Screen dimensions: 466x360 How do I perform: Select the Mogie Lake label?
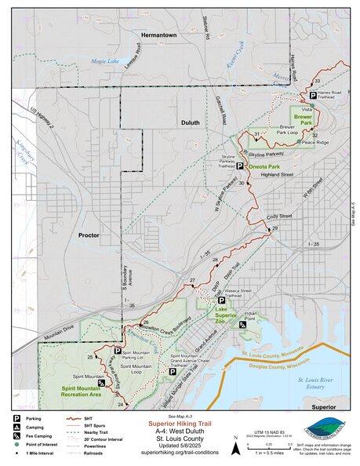point(104,60)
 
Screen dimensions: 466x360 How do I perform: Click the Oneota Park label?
point(265,166)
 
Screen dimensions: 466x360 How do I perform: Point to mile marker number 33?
point(317,82)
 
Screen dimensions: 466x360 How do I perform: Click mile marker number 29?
point(274,228)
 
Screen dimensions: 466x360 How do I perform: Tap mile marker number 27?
point(191,280)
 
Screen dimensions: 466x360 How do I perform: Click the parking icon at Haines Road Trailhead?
point(303,96)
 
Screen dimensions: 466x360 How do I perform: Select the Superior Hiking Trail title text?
point(181,421)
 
